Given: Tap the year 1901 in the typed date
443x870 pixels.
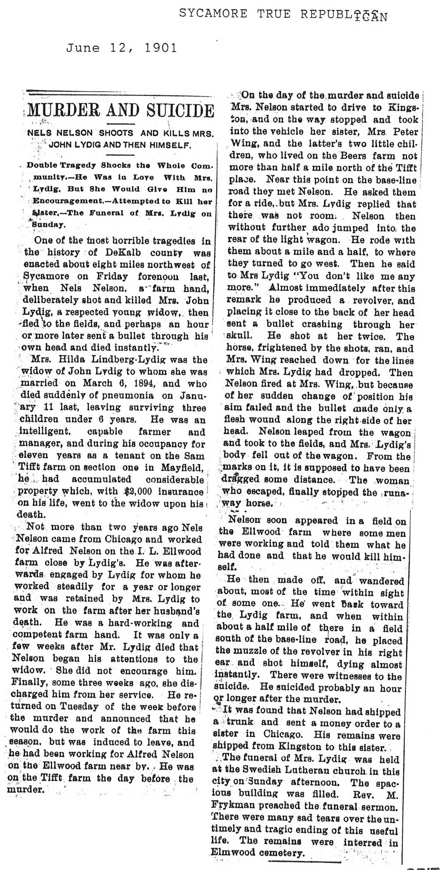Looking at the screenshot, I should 160,48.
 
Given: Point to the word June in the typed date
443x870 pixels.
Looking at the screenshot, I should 83,48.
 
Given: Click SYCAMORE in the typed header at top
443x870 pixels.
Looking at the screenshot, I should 213,14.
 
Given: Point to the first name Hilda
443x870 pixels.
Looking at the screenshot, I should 77,359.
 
